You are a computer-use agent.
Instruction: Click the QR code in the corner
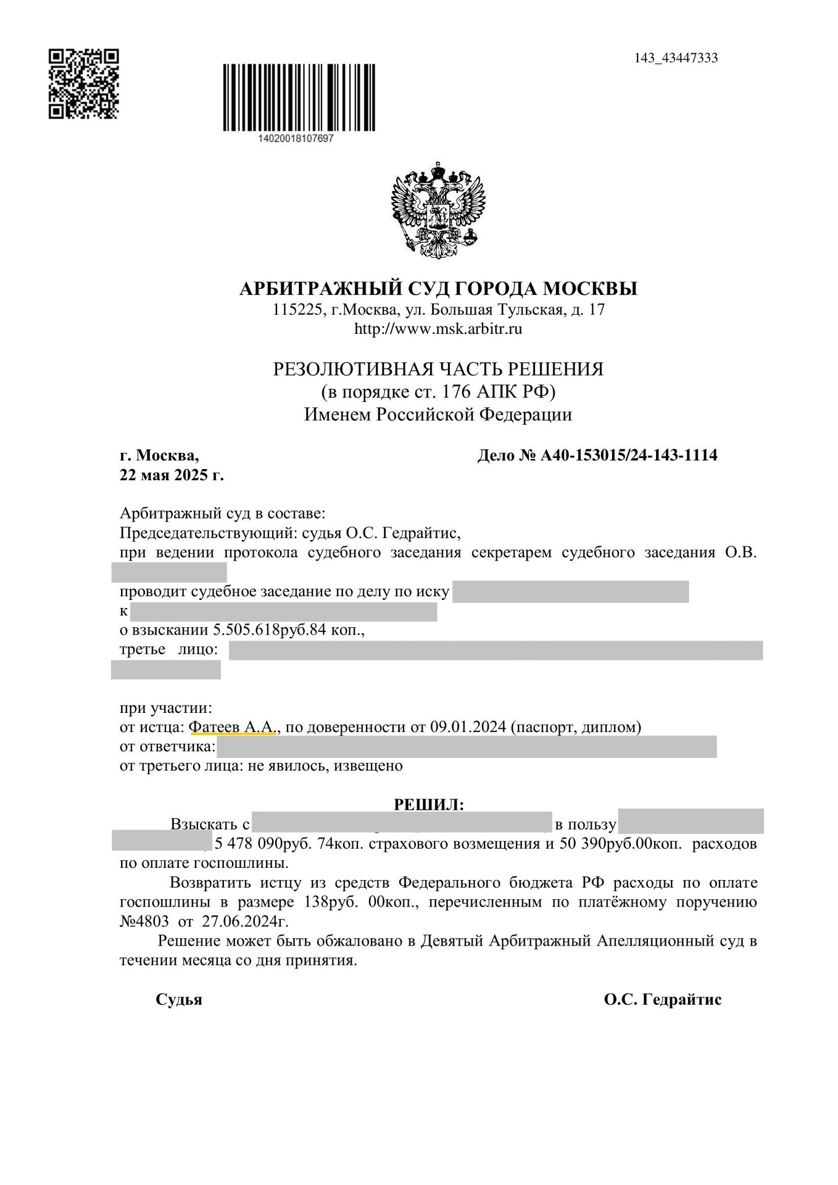pos(83,84)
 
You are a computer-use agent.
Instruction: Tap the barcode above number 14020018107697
pos(299,98)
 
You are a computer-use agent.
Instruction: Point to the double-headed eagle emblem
pos(438,210)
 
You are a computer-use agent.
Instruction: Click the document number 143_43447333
pos(676,58)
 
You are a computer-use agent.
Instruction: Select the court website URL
pos(438,329)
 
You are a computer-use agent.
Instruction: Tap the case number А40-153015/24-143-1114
pos(629,455)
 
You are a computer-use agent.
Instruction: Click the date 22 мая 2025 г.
pos(172,475)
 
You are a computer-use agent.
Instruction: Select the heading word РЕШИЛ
pos(428,804)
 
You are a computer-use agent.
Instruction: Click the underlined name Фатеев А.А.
pos(234,727)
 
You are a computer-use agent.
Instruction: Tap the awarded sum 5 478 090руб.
pos(263,844)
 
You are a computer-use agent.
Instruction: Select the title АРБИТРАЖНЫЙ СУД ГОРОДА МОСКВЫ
pos(438,288)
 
